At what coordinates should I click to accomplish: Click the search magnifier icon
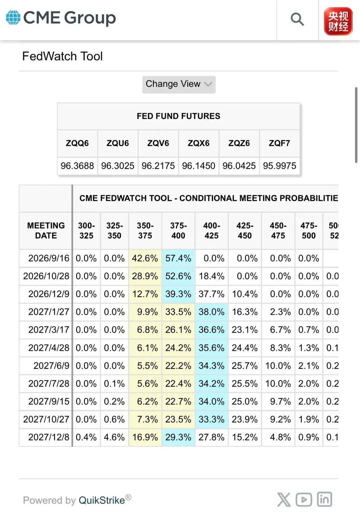tap(297, 19)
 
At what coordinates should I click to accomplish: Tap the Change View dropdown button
tap(179, 84)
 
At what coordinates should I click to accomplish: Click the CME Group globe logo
tap(13, 18)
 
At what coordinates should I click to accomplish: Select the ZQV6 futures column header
tap(158, 143)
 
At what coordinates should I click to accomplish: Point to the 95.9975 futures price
tap(279, 166)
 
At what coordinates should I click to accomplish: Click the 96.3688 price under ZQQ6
tap(77, 166)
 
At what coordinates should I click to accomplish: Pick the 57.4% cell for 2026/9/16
tap(178, 258)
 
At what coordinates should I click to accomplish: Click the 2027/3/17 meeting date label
tap(49, 330)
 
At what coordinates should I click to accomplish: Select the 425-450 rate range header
tap(245, 231)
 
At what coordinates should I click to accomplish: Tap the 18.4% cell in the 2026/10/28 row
tap(212, 276)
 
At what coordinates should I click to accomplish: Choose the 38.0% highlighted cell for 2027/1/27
tap(212, 312)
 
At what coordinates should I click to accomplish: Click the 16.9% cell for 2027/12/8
tap(145, 437)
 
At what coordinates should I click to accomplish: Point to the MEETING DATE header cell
tap(46, 231)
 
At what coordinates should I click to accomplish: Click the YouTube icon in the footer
tap(304, 499)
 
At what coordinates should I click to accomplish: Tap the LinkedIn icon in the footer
tap(324, 499)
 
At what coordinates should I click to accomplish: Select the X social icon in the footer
tap(284, 499)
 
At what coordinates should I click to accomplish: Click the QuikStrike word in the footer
tap(102, 500)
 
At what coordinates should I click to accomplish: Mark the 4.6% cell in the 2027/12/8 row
tap(114, 437)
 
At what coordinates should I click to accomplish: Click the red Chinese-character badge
tap(338, 21)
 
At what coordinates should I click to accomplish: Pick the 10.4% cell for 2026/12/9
tap(245, 294)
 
